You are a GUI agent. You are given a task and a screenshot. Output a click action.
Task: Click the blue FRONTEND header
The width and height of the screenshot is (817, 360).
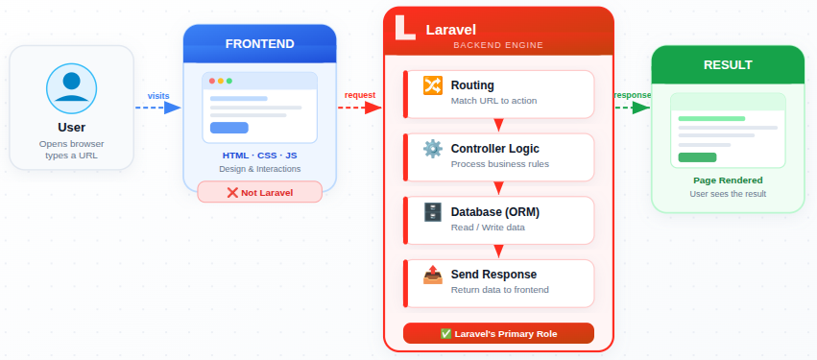[x=259, y=44]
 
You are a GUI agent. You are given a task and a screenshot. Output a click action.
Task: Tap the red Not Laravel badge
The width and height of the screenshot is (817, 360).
[x=259, y=192]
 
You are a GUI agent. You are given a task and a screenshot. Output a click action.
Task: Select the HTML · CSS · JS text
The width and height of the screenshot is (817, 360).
[x=259, y=155]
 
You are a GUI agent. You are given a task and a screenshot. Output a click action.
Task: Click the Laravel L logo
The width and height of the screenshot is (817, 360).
[x=406, y=28]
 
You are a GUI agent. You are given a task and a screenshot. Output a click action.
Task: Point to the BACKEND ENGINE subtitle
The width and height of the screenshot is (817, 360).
[x=498, y=45]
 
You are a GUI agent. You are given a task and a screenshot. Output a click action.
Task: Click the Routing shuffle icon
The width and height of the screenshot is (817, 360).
[x=432, y=85]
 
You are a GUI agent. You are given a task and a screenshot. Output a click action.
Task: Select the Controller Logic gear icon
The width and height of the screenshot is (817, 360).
[x=432, y=149]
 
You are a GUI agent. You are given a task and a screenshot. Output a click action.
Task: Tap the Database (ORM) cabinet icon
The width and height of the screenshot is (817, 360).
[x=432, y=212]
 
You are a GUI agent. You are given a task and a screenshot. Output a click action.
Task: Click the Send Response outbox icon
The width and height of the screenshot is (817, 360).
[x=432, y=276]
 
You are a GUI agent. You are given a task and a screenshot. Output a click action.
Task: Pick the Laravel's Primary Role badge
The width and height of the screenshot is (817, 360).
[x=498, y=333]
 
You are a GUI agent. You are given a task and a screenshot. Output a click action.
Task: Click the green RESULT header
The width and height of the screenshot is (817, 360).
[x=728, y=65]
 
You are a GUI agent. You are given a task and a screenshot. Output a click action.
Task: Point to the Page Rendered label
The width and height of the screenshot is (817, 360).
[x=728, y=180]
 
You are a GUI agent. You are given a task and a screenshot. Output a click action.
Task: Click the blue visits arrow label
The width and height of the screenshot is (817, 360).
[x=158, y=95]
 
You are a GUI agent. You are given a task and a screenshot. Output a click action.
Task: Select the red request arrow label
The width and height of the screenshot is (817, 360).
[x=360, y=95]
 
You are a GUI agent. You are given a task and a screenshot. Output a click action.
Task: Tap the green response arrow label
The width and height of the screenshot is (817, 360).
[x=632, y=95]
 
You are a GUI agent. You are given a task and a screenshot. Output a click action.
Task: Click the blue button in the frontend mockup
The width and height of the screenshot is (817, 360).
[x=228, y=128]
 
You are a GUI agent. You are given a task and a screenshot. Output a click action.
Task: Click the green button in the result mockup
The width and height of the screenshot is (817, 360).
[x=697, y=157]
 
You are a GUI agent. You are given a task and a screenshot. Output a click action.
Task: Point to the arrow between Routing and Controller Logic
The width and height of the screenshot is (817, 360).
[x=498, y=125]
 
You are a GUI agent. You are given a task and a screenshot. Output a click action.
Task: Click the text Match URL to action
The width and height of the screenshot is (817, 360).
[x=493, y=101]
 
